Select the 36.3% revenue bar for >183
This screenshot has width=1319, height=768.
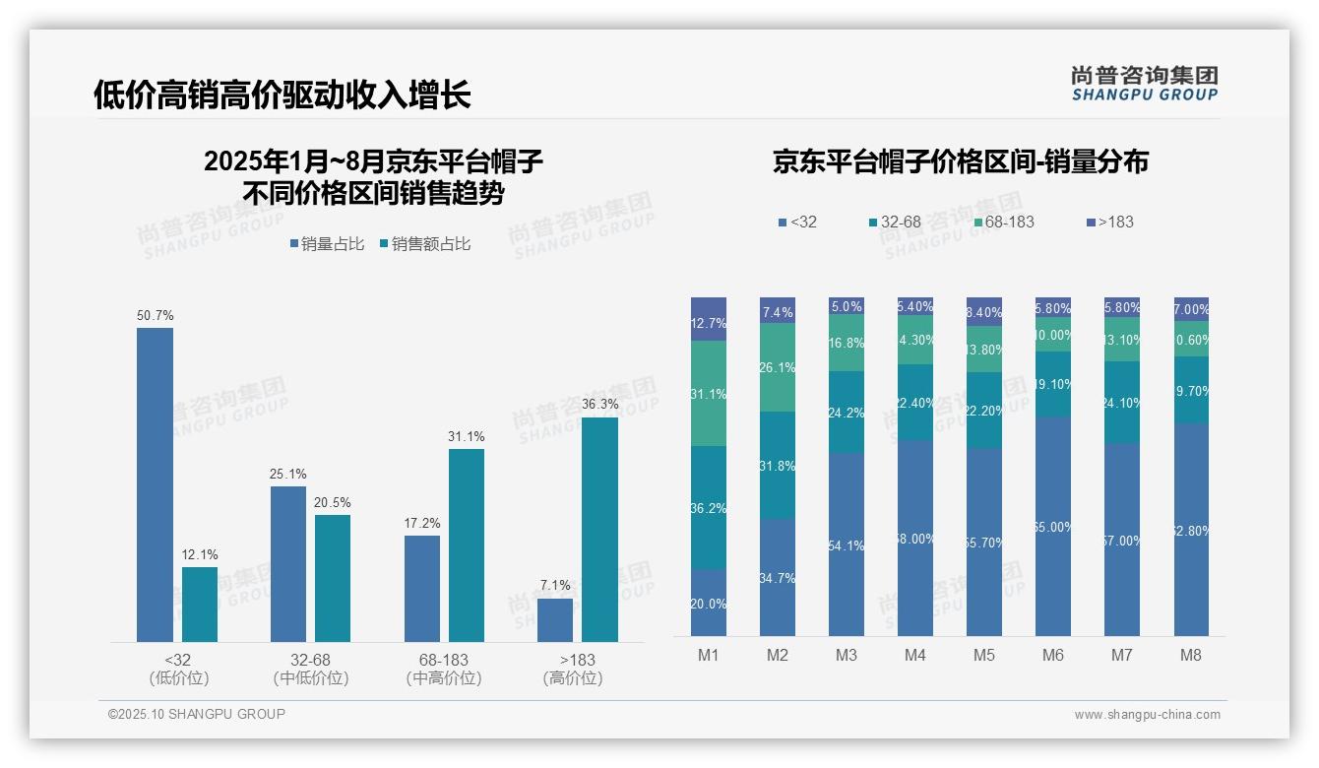(x=599, y=530)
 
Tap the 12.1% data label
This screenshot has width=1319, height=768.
(x=200, y=555)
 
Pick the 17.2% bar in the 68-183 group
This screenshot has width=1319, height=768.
(x=422, y=589)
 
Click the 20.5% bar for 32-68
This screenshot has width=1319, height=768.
(x=333, y=578)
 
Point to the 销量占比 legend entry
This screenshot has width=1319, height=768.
(x=327, y=244)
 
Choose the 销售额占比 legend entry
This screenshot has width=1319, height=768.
(x=424, y=244)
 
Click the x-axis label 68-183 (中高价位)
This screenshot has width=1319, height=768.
(x=443, y=669)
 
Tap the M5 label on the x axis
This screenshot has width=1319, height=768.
(x=983, y=656)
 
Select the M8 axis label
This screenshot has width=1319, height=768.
(x=1190, y=656)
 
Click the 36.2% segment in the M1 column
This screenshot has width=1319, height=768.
(x=709, y=507)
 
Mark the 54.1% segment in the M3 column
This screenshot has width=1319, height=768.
(x=847, y=544)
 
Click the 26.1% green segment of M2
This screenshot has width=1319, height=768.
(x=778, y=367)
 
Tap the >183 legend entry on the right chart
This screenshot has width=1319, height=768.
(x=1109, y=223)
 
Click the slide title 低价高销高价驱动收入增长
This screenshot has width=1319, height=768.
(x=283, y=95)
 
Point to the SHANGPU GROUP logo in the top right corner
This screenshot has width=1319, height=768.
(x=1144, y=83)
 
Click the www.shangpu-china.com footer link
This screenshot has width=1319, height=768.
(x=1147, y=715)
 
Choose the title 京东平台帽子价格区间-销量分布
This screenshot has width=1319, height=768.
(x=960, y=162)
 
